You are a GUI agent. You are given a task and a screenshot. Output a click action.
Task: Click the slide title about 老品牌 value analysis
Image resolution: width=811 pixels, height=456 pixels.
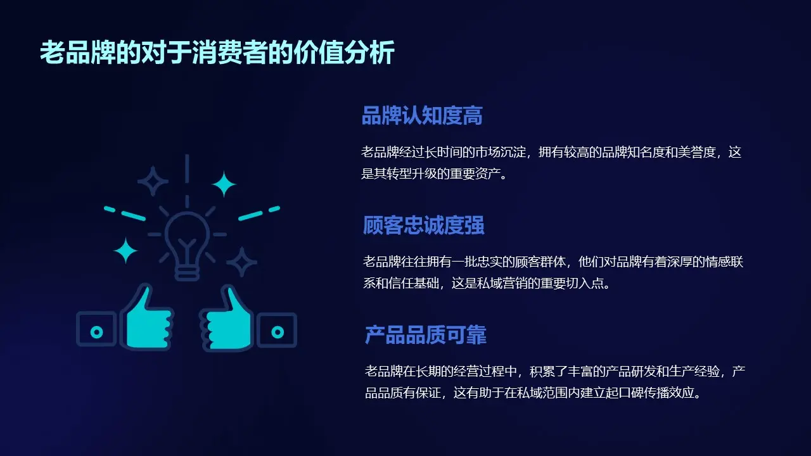click(x=217, y=53)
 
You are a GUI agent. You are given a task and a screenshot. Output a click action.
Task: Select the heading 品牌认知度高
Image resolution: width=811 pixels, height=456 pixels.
click(x=422, y=116)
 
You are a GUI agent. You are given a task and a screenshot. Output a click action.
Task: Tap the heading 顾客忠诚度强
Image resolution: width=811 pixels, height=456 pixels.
click(x=423, y=225)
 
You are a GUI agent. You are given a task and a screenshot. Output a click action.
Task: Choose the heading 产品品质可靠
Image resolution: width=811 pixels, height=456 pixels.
click(x=426, y=335)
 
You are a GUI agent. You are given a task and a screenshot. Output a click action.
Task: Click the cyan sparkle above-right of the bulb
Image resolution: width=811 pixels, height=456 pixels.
click(x=223, y=184)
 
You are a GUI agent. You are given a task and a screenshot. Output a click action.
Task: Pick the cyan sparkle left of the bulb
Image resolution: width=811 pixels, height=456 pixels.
click(x=125, y=251)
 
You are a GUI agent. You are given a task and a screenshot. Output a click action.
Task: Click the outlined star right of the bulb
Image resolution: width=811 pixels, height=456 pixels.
click(x=241, y=262)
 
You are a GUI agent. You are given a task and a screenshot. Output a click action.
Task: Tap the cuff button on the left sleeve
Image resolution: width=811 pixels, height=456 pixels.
click(x=96, y=331)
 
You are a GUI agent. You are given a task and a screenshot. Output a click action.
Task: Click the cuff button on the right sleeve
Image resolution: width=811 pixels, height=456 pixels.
click(x=278, y=331)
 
